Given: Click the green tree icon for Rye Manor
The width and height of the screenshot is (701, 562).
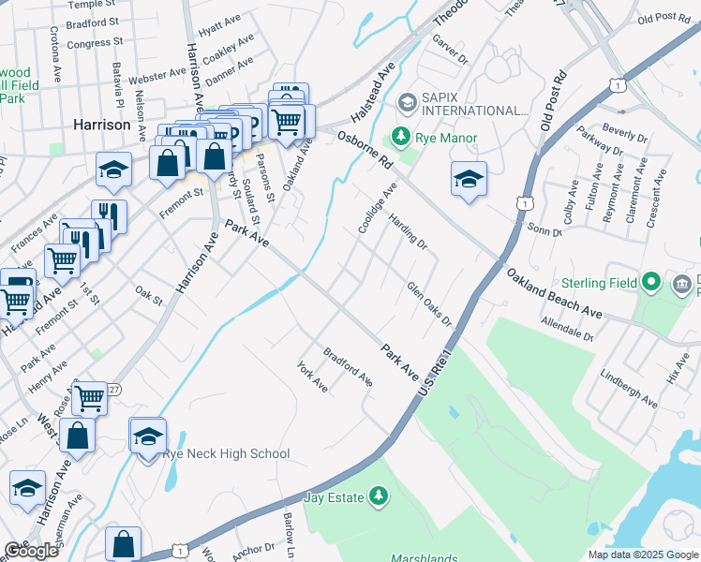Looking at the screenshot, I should tap(401, 138).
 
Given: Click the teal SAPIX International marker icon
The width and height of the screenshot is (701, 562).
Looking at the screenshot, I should tap(408, 101).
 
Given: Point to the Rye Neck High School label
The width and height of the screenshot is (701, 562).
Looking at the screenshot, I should tap(226, 454).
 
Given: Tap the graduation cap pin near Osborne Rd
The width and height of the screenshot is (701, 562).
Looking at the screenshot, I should tap(469, 178).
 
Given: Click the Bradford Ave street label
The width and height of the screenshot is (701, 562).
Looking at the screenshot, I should tap(348, 366).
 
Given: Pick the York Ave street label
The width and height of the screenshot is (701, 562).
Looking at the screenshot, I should tap(312, 377).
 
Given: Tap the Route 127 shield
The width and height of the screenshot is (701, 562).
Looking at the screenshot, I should tap(113, 389).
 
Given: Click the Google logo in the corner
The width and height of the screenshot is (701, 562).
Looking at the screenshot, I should tap(31, 551).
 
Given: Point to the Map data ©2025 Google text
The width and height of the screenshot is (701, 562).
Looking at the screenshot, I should tap(643, 555).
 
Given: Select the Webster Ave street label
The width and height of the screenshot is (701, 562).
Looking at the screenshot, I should tap(157, 73).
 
